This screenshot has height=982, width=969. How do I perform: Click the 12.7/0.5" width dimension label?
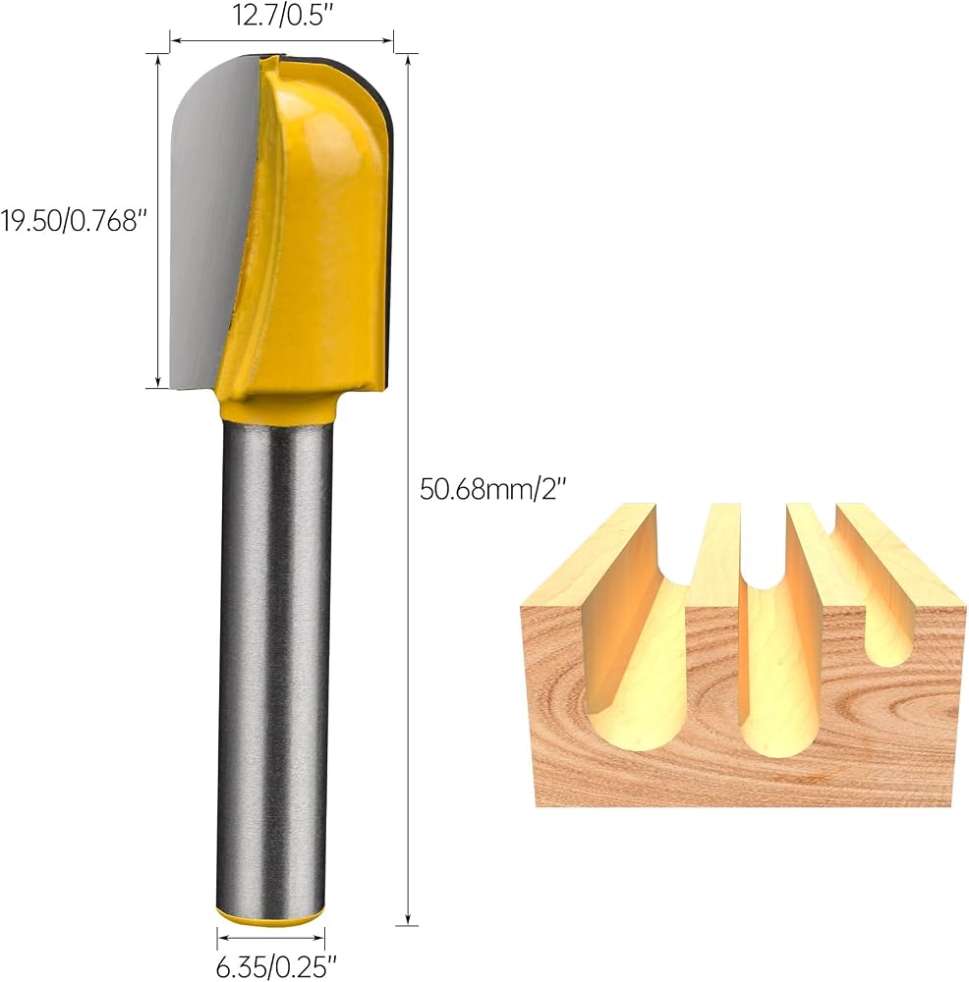(281, 15)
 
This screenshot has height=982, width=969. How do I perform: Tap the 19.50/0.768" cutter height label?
(74, 220)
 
